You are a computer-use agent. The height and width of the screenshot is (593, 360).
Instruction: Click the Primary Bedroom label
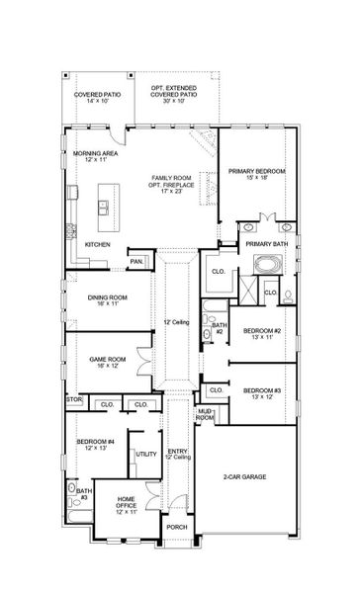(x=256, y=171)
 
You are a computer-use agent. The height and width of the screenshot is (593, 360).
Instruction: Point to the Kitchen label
(x=96, y=243)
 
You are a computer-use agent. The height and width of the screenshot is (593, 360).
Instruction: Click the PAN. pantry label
(x=135, y=262)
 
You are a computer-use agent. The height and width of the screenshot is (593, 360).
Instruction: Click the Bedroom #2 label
(x=263, y=331)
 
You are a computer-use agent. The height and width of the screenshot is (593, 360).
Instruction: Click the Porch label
(x=177, y=555)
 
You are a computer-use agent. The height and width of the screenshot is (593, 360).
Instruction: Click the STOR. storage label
(x=74, y=399)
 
